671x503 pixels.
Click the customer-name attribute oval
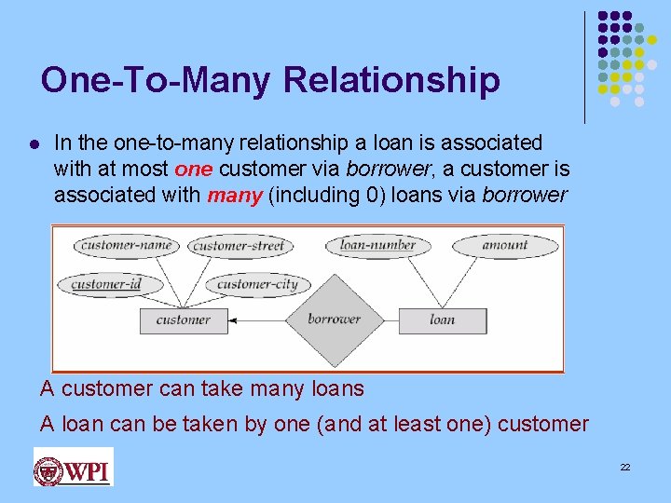tap(127, 246)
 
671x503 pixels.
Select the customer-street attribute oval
tap(239, 247)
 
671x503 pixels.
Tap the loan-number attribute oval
tap(377, 246)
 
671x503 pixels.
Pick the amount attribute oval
tap(504, 245)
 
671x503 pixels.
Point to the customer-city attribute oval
tap(256, 284)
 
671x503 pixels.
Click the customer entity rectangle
tap(183, 319)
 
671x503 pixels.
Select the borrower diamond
tap(334, 319)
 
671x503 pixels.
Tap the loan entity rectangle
tap(442, 319)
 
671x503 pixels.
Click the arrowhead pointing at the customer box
tap(233, 319)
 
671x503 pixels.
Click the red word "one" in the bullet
tap(194, 170)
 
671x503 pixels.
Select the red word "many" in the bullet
tap(234, 196)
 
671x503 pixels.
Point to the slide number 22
tap(625, 466)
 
